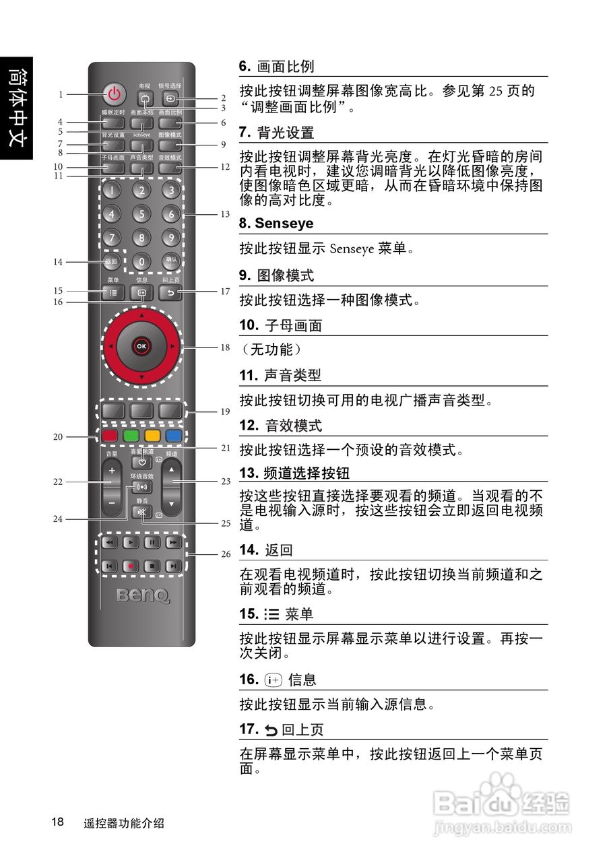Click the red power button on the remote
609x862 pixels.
(x=115, y=94)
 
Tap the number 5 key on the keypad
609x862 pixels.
(x=141, y=214)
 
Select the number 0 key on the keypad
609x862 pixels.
(x=141, y=261)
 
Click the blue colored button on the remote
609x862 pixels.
(x=174, y=435)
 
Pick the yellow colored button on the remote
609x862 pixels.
(x=152, y=435)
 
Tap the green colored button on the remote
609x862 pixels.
(x=131, y=435)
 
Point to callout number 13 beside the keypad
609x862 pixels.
(x=224, y=215)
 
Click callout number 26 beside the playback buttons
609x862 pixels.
(x=226, y=554)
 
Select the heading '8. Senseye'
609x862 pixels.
(x=276, y=224)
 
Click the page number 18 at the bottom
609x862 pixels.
(x=57, y=822)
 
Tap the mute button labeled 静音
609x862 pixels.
(x=141, y=512)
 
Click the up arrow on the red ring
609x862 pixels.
(x=141, y=314)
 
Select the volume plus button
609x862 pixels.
(x=112, y=469)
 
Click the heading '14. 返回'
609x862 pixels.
(x=266, y=550)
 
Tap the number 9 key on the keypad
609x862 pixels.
(x=171, y=237)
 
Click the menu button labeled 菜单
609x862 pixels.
(x=113, y=293)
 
